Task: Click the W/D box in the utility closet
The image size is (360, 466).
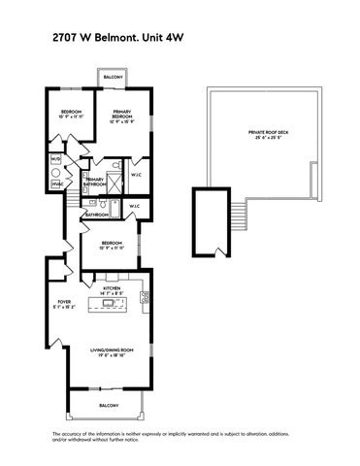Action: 55,159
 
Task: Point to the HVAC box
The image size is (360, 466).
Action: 56,182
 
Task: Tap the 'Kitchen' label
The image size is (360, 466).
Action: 112,288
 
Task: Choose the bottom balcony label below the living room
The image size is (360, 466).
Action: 109,405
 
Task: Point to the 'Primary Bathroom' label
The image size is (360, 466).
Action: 95,182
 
